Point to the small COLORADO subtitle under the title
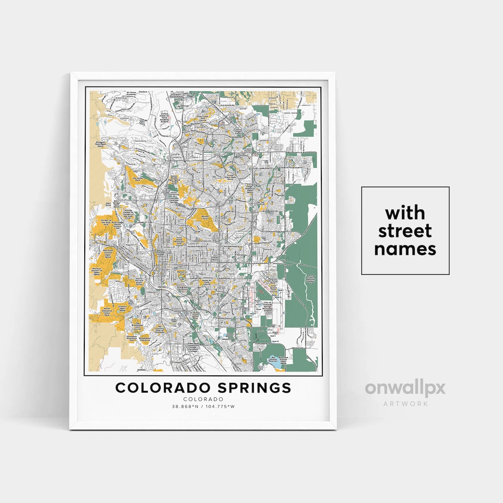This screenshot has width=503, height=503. [x=203, y=399]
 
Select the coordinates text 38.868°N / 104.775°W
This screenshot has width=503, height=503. [x=203, y=407]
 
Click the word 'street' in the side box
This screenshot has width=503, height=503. [x=405, y=231]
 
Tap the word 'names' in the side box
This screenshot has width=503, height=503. [x=405, y=249]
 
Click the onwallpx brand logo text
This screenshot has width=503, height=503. [x=405, y=388]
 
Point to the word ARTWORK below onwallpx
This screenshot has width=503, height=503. [x=405, y=403]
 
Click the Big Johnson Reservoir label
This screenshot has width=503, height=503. [x=273, y=360]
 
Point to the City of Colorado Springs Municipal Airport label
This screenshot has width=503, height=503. [x=270, y=307]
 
